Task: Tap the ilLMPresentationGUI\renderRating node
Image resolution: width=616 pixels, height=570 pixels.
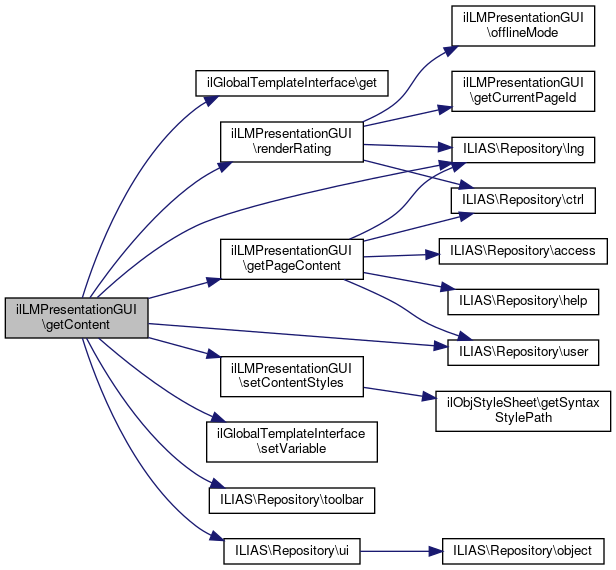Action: click(x=291, y=140)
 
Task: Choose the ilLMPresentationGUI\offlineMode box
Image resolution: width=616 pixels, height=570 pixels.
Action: click(x=523, y=24)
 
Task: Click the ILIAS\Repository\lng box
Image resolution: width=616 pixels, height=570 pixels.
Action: click(x=523, y=148)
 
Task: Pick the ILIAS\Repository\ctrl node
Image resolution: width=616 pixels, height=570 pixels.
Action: click(x=523, y=200)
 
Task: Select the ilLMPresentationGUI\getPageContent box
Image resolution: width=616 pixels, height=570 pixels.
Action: click(x=291, y=260)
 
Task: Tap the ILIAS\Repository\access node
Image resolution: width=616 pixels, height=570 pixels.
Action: click(x=523, y=250)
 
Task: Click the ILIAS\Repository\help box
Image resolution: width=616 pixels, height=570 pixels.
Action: click(x=523, y=300)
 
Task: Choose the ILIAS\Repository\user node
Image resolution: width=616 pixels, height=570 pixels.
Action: click(x=523, y=352)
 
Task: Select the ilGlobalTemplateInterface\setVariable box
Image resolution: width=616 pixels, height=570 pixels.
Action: click(x=291, y=441)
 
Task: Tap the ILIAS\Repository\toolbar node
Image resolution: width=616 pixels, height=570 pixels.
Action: click(x=291, y=498)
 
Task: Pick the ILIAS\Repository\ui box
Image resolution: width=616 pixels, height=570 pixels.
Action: click(x=291, y=550)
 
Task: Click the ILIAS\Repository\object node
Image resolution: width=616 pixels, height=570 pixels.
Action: click(x=523, y=550)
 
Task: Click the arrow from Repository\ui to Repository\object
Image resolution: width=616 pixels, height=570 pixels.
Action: click(x=400, y=550)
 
